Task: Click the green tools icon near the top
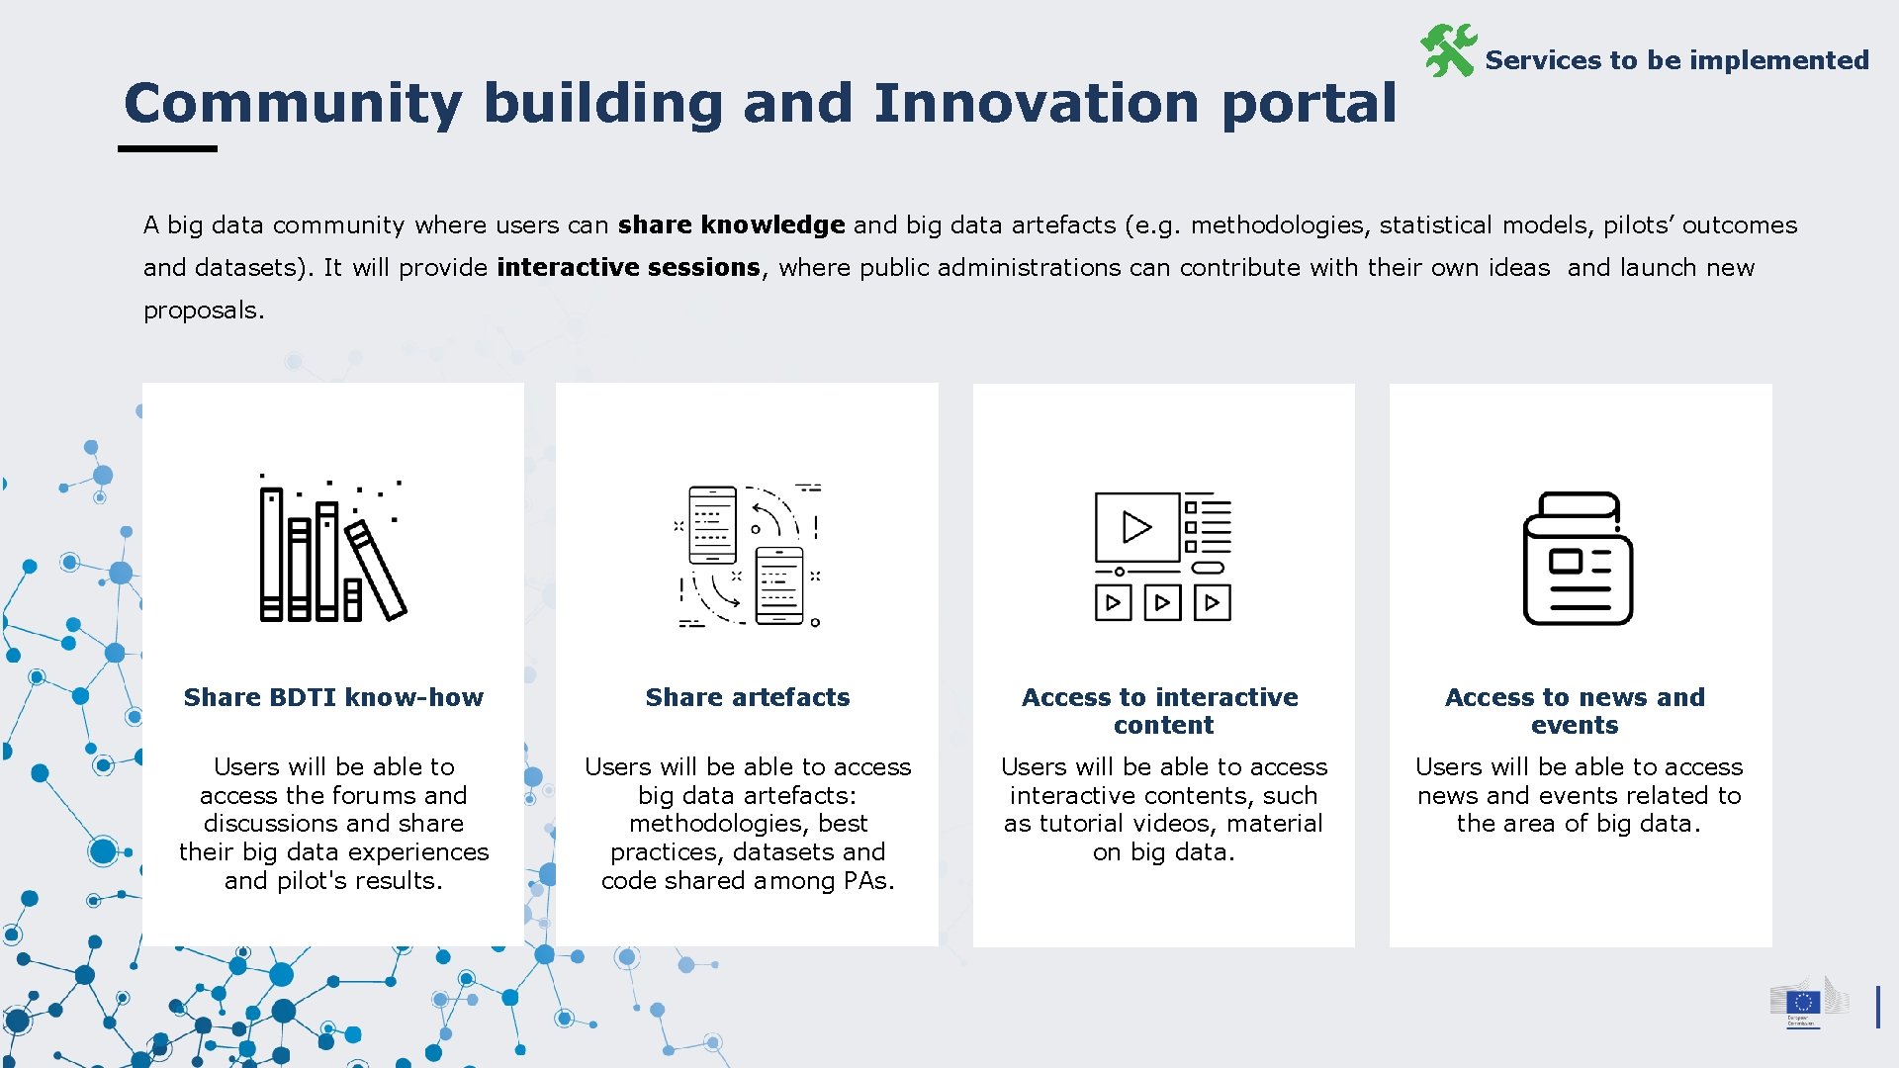1448,51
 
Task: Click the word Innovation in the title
1036,104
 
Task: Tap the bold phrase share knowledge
731,225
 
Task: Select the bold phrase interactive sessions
628,268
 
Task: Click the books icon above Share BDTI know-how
331,551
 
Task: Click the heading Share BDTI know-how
333,697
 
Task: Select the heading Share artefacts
747,697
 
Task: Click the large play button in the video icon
1136,527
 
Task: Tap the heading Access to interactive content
1162,710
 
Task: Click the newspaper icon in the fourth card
1578,559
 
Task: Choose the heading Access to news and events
1575,710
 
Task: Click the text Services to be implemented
1676,60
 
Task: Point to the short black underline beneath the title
167,149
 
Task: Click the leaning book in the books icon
377,571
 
